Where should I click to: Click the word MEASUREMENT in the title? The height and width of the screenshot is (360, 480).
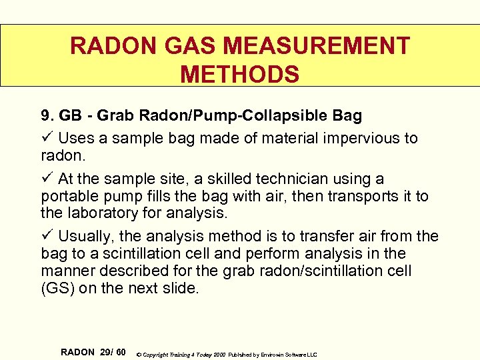(317, 46)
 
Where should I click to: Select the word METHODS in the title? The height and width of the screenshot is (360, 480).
(240, 74)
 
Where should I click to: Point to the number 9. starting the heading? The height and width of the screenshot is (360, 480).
(47, 116)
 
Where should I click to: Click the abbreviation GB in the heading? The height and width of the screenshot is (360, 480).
(70, 116)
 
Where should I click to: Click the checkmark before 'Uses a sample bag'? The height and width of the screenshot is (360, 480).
(46, 138)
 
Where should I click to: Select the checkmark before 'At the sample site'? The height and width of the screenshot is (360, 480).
(46, 179)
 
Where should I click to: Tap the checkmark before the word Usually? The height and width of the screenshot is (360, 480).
(46, 236)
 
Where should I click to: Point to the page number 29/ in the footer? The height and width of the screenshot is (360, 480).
(107, 352)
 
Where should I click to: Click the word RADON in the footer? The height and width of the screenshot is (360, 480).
(78, 352)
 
